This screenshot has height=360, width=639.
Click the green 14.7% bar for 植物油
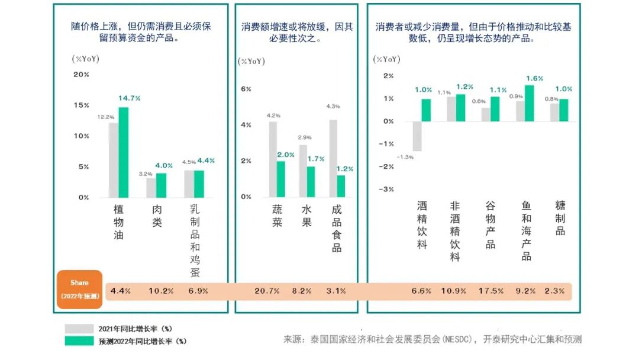pyautogui.click(x=123, y=152)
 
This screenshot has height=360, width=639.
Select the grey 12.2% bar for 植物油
pyautogui.click(x=114, y=160)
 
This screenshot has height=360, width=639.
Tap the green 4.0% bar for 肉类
pyautogui.click(x=161, y=185)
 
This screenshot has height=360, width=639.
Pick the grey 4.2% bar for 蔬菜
pyautogui.click(x=273, y=159)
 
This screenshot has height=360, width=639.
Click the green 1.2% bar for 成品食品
pyautogui.click(x=341, y=186)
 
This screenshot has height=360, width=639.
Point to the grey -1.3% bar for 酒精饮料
pyautogui.click(x=417, y=136)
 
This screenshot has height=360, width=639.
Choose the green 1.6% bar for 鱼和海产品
pyautogui.click(x=529, y=103)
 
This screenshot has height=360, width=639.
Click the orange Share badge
pyautogui.click(x=80, y=290)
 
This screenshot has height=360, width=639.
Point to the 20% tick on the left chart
pyautogui.click(x=81, y=75)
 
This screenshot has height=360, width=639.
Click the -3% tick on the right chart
pyautogui.click(x=386, y=189)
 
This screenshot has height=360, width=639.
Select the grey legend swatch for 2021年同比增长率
pyautogui.click(x=79, y=329)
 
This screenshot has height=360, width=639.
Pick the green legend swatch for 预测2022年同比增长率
pyautogui.click(x=79, y=340)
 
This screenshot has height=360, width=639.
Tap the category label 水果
pyautogui.click(x=306, y=217)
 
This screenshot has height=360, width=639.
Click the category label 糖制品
pyautogui.click(x=560, y=218)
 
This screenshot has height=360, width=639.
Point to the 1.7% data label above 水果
pyautogui.click(x=317, y=159)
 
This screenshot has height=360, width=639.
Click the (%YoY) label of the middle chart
pyautogui.click(x=251, y=61)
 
